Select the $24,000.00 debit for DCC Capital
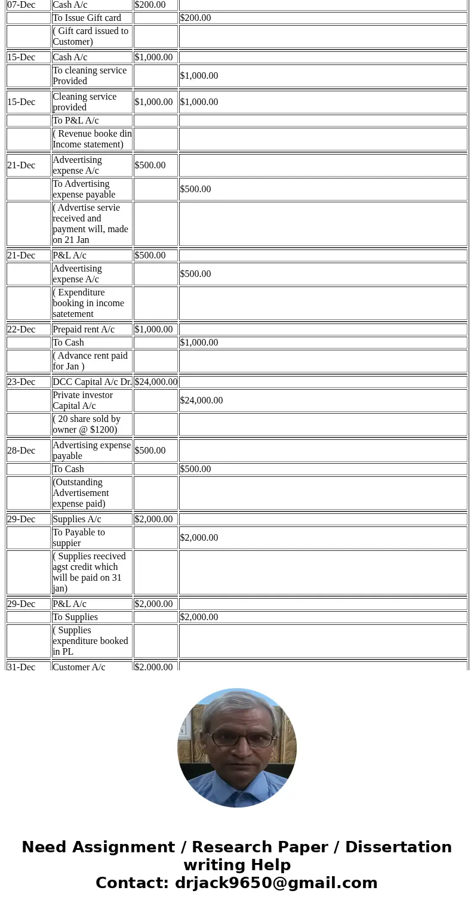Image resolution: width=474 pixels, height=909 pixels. pos(155,382)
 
